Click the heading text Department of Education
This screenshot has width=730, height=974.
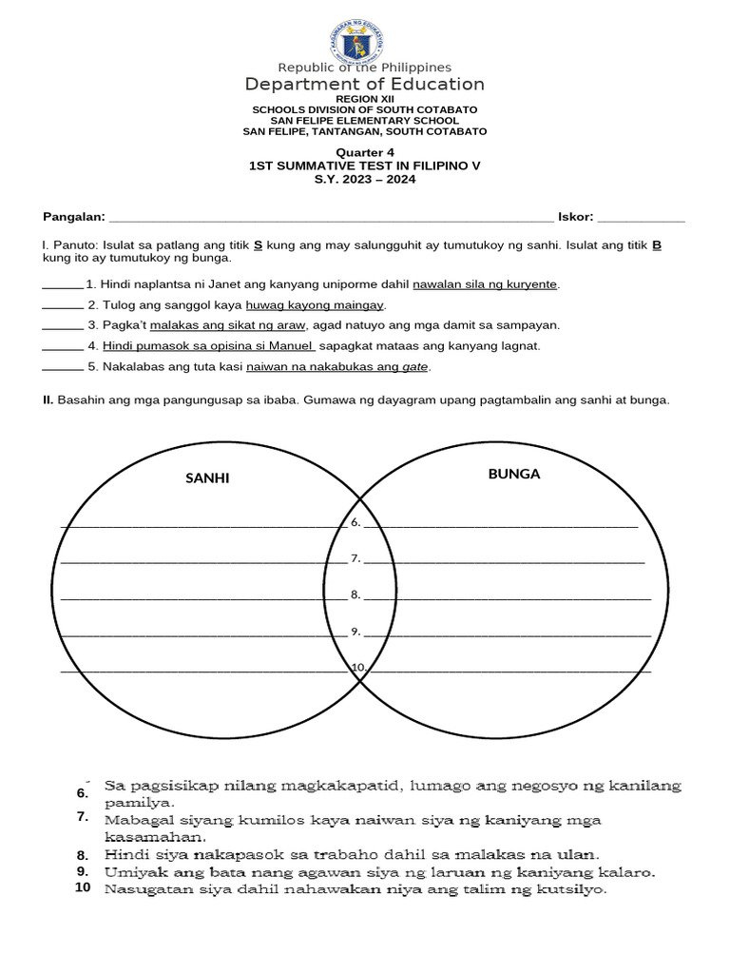click(x=365, y=84)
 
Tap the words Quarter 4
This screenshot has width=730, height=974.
click(x=364, y=152)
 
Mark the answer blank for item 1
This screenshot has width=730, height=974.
click(x=63, y=285)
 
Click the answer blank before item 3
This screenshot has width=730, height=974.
click(x=63, y=325)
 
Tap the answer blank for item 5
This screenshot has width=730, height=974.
click(x=63, y=367)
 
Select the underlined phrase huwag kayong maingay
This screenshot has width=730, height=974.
click(x=315, y=305)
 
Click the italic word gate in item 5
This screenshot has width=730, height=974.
click(x=415, y=367)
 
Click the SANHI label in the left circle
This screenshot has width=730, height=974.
click(x=207, y=478)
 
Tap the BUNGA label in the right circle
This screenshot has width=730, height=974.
click(x=513, y=474)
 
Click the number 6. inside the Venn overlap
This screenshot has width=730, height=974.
click(x=355, y=522)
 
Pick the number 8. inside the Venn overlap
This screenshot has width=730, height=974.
click(x=355, y=594)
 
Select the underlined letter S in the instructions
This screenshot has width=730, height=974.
click(x=259, y=245)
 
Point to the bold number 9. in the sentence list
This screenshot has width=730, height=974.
click(x=84, y=871)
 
